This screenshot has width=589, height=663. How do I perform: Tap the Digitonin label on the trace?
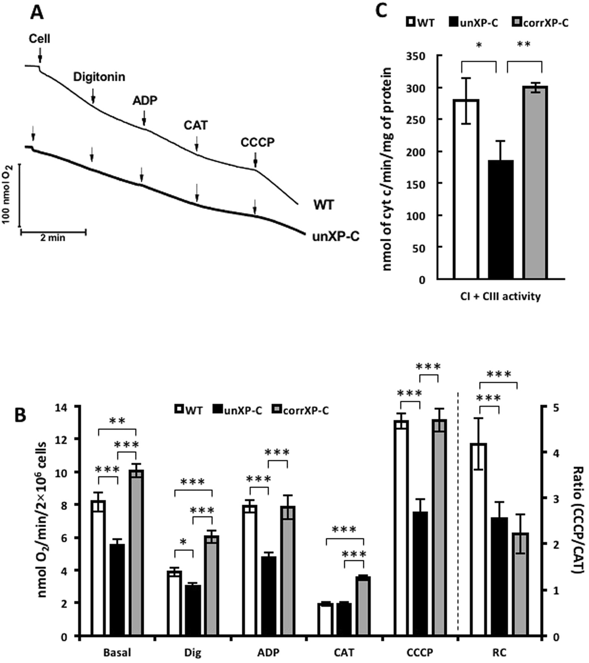(x=99, y=77)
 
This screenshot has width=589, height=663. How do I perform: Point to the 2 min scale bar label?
(x=53, y=238)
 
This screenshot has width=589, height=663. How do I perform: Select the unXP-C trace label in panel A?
(x=335, y=236)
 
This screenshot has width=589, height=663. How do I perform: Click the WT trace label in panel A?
(x=324, y=205)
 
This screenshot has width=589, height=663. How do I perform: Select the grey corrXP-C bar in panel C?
(x=536, y=183)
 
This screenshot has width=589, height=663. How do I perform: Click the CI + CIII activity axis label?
(x=500, y=297)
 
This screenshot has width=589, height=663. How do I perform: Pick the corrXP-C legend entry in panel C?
(x=540, y=23)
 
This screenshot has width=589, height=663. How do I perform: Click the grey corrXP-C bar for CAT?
(x=363, y=605)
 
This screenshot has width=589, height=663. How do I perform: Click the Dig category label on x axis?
(x=193, y=652)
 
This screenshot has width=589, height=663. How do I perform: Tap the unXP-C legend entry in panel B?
(x=238, y=410)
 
